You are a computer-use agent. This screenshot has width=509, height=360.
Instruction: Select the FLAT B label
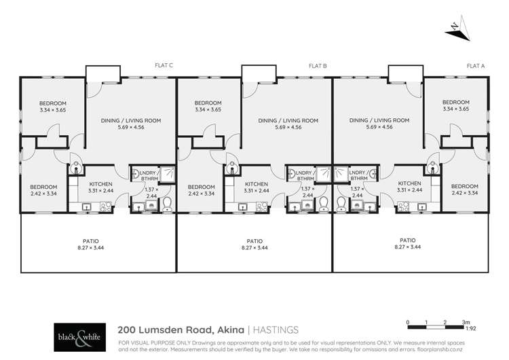318,66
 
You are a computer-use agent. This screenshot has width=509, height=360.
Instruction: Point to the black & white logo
78,335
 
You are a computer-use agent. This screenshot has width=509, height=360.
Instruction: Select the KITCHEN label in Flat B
256,184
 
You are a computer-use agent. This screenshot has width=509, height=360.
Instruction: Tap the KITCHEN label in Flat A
409,184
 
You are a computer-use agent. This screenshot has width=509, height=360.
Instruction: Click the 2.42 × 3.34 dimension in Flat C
43,194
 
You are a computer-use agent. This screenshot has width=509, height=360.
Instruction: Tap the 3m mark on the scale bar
466,321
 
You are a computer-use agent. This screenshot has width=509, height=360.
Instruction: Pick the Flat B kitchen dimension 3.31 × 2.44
256,191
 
